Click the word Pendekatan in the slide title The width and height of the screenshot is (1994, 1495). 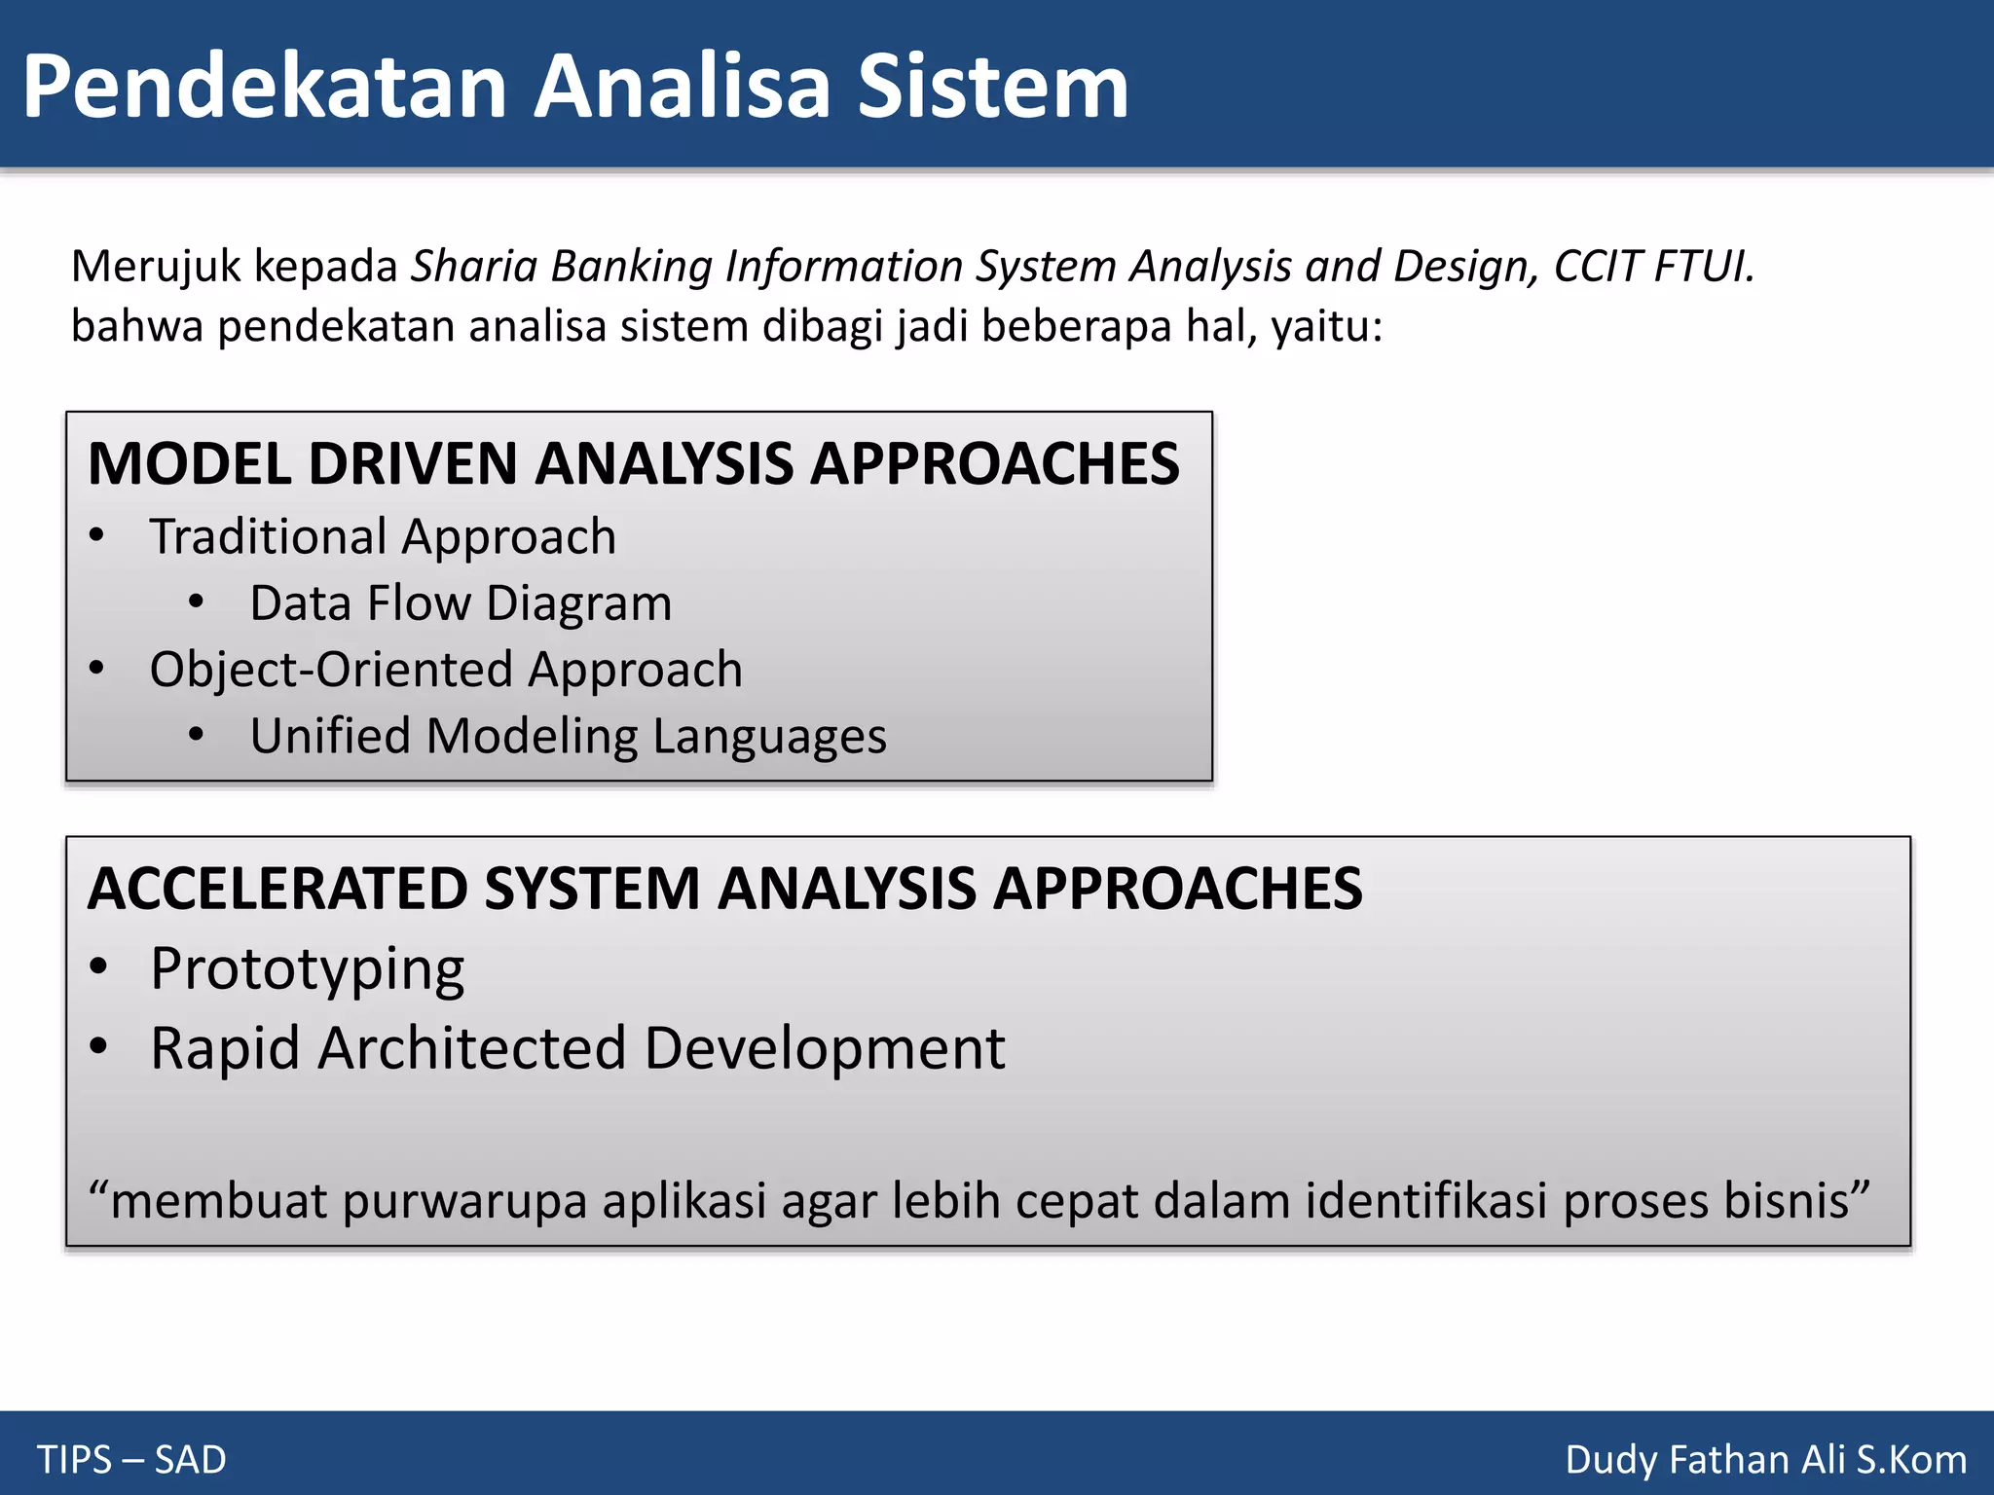(263, 88)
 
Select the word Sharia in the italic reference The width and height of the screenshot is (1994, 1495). (473, 266)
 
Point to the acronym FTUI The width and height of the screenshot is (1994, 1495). (1704, 266)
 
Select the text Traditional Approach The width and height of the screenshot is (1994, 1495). (383, 537)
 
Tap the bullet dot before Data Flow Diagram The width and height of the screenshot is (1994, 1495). (197, 602)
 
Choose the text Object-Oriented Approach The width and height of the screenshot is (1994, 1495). (446, 670)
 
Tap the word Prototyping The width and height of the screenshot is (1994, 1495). (308, 970)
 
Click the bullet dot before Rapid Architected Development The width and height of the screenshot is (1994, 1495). (98, 1046)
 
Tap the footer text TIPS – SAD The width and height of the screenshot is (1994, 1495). (131, 1460)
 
